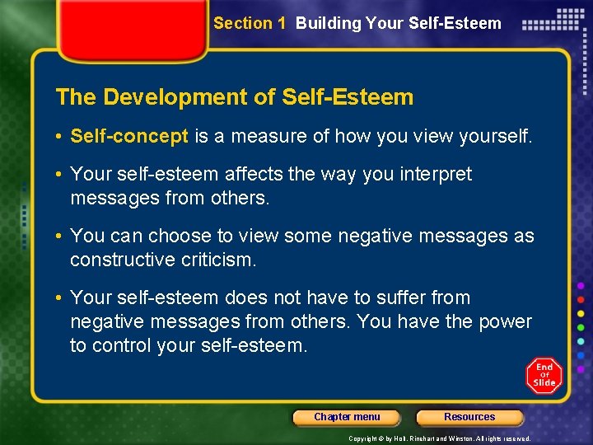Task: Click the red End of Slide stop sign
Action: [544, 375]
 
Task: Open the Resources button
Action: [469, 417]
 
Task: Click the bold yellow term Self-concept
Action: [129, 137]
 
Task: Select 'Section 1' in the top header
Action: [249, 23]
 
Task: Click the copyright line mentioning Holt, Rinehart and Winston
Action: [440, 438]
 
